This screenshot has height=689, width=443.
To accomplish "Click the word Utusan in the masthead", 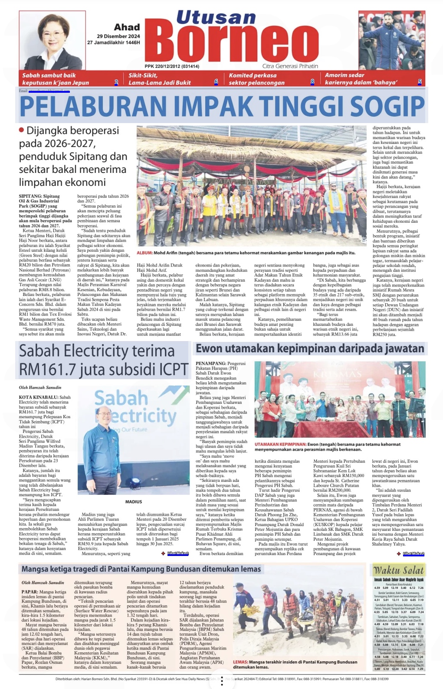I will pos(216,17).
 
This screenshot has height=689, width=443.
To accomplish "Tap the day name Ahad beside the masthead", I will pos(127,27).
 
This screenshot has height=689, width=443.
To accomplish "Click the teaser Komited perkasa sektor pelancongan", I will pos(257,79).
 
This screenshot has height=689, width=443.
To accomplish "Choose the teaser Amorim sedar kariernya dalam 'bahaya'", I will pos(361,79).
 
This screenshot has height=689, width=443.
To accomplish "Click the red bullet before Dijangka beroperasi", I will pos(22,130).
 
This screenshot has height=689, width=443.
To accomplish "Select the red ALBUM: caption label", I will pos(144,253).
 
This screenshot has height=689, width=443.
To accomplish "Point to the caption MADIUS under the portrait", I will pos(133,502).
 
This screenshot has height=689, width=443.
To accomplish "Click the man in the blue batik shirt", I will pos(103,451).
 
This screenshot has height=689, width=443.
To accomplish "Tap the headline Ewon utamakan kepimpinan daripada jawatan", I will pos(310,349).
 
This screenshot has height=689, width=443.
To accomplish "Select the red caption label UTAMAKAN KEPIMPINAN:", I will pos(280,444).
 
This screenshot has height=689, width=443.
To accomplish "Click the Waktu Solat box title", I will pos(398,570).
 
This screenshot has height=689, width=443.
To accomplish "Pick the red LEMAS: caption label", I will pos(240,662).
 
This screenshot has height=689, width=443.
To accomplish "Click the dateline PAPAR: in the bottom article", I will pos(30,591).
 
